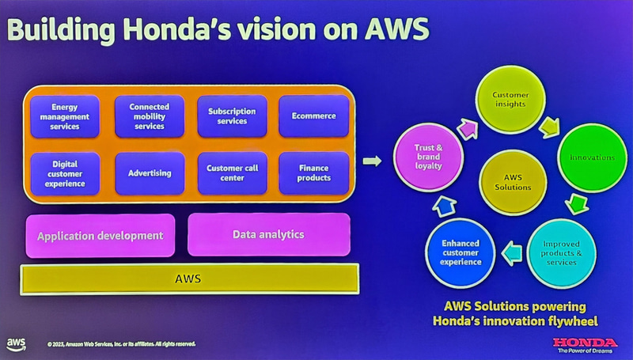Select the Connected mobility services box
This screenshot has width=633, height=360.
tap(150, 116)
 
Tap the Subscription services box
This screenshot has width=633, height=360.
tap(232, 116)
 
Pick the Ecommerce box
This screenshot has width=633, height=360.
tap(313, 116)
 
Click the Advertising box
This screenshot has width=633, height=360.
tap(150, 172)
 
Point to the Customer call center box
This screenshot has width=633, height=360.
tap(232, 172)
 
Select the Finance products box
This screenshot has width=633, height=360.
tap(313, 172)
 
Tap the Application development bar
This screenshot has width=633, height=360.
tap(100, 235)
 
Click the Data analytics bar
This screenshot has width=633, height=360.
tap(267, 234)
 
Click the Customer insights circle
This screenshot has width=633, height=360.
tap(511, 100)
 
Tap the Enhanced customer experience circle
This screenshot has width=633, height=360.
tap(461, 252)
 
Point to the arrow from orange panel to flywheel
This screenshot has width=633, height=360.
tap(372, 162)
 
